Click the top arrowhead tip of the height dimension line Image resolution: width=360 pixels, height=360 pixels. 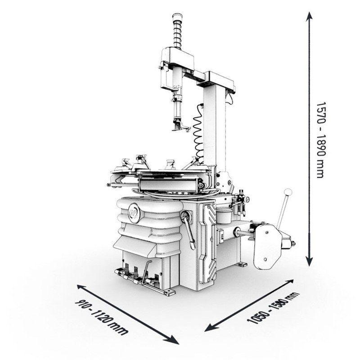(310, 12)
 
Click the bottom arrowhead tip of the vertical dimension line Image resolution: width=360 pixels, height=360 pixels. (310, 267)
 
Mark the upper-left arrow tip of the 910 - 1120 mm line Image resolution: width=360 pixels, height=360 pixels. (77, 285)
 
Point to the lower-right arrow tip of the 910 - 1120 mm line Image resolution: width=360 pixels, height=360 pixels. (179, 344)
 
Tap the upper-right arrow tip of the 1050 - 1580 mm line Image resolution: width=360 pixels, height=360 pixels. (293, 280)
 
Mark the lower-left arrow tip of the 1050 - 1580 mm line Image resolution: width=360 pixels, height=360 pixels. (204, 331)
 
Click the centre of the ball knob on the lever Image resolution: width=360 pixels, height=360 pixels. (288, 192)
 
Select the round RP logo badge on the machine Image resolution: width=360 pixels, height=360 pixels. (134, 213)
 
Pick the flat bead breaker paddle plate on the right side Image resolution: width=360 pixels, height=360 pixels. (267, 246)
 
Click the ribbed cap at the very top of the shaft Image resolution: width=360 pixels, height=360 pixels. (177, 17)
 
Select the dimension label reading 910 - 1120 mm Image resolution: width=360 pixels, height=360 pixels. (101, 317)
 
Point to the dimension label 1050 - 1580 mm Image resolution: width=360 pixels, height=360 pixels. (273, 308)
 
